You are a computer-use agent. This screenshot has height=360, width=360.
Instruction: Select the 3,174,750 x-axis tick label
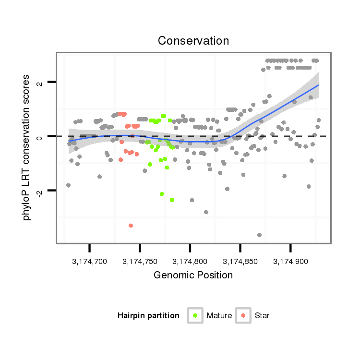point(140,262)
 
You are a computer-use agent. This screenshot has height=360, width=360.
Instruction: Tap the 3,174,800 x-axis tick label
point(190,262)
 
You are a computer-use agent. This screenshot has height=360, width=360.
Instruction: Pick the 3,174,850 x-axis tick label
point(240,262)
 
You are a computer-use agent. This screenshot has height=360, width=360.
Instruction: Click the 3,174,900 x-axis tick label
point(290,262)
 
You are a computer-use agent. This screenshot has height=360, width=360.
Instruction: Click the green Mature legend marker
point(195,315)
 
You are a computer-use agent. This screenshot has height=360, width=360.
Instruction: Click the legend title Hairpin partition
point(148,316)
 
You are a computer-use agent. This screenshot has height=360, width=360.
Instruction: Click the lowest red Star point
point(131,225)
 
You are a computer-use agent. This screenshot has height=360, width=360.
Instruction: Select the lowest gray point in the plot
point(259,235)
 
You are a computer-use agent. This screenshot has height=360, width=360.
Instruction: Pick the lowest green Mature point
point(172,200)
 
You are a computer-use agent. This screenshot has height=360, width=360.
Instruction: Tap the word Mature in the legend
point(219,316)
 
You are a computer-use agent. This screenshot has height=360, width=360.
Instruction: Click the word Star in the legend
point(262,316)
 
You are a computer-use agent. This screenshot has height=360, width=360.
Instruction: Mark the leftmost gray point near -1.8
point(68,185)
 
